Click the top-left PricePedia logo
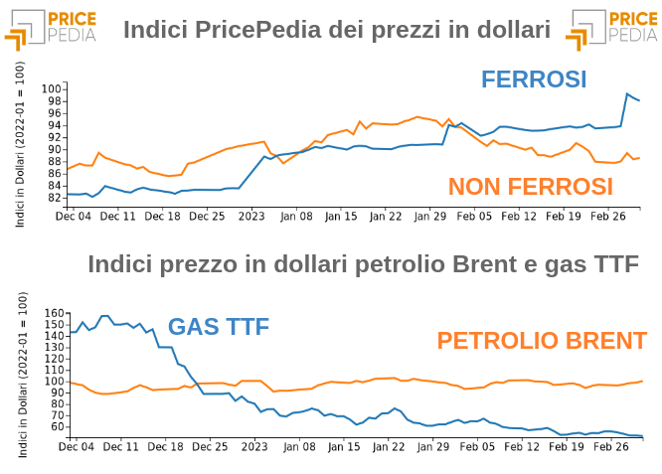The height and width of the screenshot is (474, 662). click(x=50, y=28)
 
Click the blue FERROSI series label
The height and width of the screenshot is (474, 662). click(x=534, y=79)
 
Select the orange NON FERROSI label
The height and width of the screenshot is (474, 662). click(x=530, y=186)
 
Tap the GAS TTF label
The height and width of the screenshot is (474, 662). click(x=219, y=326)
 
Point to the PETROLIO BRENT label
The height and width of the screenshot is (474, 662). click(x=542, y=341)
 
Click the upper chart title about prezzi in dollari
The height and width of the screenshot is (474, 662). click(x=336, y=30)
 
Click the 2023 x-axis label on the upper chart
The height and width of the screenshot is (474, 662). click(x=250, y=215)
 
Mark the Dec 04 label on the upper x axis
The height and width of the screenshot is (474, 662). click(x=74, y=215)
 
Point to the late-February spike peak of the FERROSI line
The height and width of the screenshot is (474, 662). click(x=628, y=94)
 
